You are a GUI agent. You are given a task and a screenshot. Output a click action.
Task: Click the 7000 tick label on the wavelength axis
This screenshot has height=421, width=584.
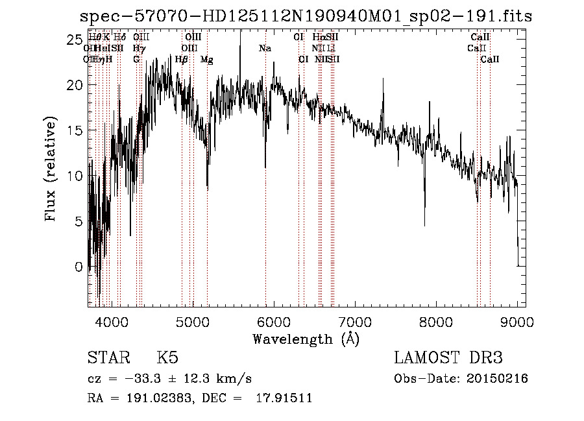[354, 322]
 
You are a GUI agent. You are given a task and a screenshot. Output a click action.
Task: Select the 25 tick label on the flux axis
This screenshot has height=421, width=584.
[74, 40]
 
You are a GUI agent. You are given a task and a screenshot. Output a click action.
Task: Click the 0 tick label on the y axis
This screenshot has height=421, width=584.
[79, 267]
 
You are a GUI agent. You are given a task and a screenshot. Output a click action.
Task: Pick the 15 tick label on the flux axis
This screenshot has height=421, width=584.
[74, 130]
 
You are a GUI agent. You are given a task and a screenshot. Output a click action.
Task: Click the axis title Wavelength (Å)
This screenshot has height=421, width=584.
[306, 339]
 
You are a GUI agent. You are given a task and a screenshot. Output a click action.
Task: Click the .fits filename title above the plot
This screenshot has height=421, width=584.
[305, 16]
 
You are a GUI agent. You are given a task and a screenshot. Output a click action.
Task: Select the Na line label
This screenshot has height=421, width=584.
[265, 49]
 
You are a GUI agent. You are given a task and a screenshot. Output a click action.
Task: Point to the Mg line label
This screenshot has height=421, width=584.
[207, 60]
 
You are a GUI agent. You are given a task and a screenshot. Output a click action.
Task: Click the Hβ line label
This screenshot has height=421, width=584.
[182, 60]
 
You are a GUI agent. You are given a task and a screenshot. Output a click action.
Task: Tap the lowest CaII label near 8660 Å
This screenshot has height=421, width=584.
[490, 60]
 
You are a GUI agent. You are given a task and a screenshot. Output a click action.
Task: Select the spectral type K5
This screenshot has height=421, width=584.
[167, 359]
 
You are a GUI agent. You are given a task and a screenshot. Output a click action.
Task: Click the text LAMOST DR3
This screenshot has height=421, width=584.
[448, 359]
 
